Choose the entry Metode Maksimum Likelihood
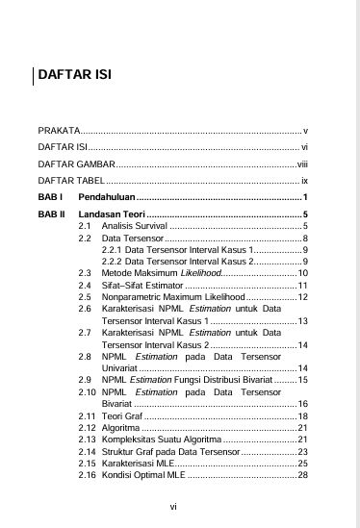[161, 273]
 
